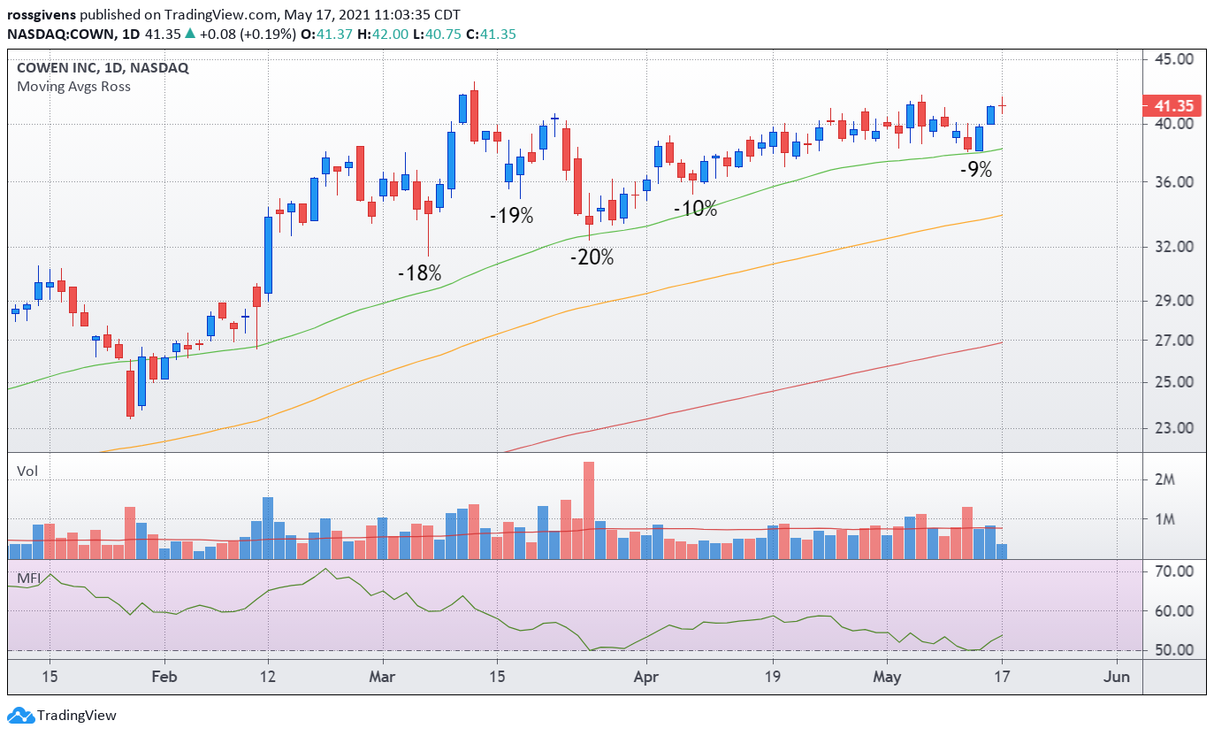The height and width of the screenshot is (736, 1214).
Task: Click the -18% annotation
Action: click(419, 273)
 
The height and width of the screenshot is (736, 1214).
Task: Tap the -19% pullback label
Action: click(512, 215)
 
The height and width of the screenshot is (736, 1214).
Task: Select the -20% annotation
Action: click(592, 257)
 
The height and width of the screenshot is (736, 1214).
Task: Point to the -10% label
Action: click(696, 209)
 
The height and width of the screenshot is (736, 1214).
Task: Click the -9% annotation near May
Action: click(976, 170)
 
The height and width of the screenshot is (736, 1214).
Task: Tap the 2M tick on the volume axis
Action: click(1164, 479)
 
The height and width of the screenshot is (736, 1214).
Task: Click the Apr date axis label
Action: click(646, 678)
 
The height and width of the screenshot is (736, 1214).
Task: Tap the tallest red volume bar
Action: click(589, 510)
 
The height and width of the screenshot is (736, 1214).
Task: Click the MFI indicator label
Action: click(29, 579)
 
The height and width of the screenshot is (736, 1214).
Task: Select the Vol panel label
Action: click(27, 471)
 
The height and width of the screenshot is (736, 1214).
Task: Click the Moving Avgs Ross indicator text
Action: click(73, 86)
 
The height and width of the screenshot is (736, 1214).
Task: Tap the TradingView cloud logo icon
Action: click(19, 715)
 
